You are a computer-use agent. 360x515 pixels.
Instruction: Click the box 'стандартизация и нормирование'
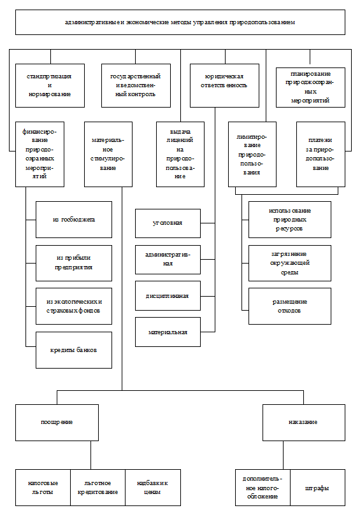coord(50,85)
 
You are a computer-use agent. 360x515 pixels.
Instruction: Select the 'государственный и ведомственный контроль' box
coord(136,85)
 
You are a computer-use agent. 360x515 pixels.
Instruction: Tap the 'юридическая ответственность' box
coord(224,85)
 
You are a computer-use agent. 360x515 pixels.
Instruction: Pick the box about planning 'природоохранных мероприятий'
coord(311,87)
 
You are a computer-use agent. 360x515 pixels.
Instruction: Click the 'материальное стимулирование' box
coord(108,154)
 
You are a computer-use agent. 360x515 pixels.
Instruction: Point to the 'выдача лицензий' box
coord(180,154)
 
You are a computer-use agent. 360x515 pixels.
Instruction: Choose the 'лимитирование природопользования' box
coord(252,154)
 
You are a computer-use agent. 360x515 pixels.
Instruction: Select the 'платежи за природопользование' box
coord(320,154)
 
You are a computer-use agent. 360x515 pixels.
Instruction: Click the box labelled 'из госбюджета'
coord(74,220)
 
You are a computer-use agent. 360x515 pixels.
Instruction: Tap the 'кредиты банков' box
coord(74,349)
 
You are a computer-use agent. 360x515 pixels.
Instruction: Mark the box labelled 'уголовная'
coord(168,223)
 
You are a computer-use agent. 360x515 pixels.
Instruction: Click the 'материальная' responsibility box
coord(168,332)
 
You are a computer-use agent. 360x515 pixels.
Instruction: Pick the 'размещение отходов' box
coord(290,306)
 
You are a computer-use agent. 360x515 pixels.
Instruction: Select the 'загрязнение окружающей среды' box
coord(290,263)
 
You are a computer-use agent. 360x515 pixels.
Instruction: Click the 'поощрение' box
coord(57,423)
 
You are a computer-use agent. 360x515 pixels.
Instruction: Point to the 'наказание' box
coord(304,423)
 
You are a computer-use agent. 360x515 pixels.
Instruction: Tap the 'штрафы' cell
coord(317,488)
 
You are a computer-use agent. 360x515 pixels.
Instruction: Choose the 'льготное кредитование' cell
coord(97,488)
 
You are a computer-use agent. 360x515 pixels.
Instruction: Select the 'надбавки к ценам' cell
coord(153,488)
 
